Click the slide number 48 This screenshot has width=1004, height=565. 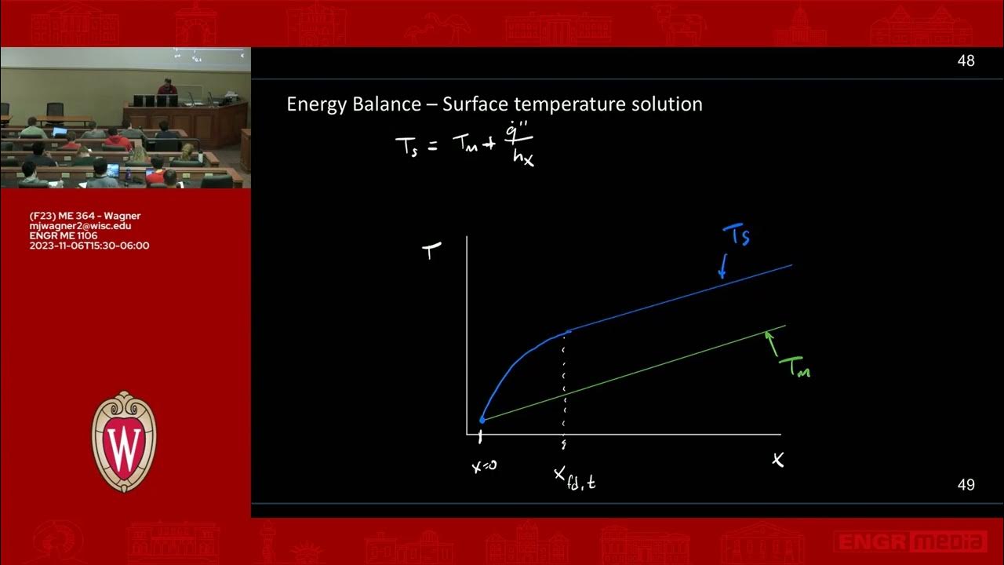point(966,61)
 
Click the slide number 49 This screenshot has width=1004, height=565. point(966,485)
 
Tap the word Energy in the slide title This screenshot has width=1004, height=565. point(314,104)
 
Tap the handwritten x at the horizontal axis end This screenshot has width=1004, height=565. point(777,460)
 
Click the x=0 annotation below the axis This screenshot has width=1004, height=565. point(483,465)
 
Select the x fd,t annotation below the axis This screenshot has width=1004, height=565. point(574,478)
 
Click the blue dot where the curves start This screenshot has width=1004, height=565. point(482,420)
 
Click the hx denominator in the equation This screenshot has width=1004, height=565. point(522,159)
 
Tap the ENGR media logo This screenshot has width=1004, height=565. point(910,541)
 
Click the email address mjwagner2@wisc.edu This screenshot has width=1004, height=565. point(80,226)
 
